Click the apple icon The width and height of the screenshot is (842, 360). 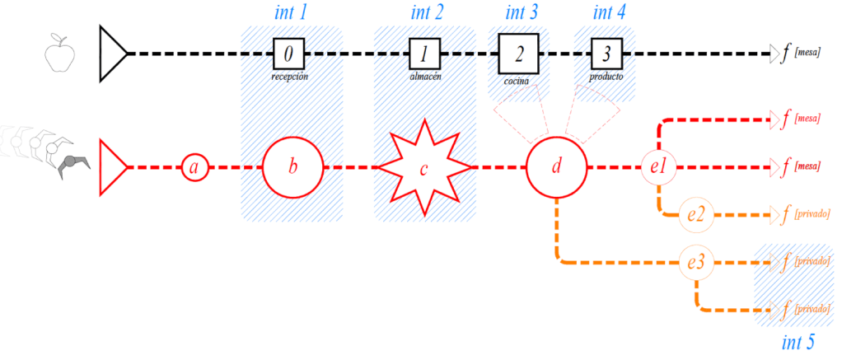[58, 54]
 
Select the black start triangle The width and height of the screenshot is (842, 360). [111, 54]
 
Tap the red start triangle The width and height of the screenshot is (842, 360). [111, 168]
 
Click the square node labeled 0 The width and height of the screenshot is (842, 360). [288, 54]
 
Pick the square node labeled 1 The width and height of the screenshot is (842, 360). [424, 54]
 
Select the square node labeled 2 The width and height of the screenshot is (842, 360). [518, 54]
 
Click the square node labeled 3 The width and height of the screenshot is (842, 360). [606, 54]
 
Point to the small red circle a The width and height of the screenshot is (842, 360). [194, 168]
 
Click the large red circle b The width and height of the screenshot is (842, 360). [292, 168]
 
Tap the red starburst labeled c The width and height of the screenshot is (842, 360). [423, 168]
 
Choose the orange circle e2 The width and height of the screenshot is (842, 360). [696, 216]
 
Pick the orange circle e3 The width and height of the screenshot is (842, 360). [696, 263]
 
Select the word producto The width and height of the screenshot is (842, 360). [606, 77]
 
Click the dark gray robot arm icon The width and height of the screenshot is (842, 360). [71, 161]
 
